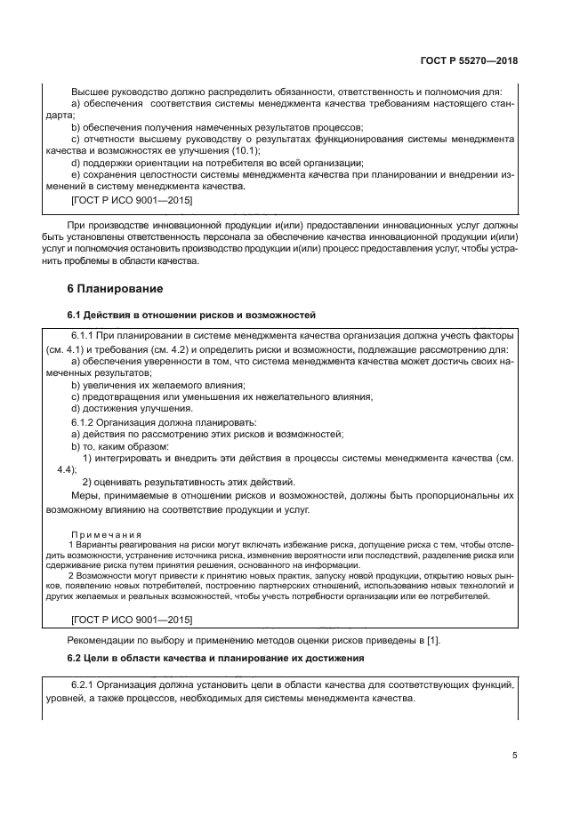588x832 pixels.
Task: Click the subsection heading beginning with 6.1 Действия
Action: click(x=190, y=316)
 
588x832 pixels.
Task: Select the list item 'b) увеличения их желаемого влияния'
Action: click(x=145, y=384)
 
